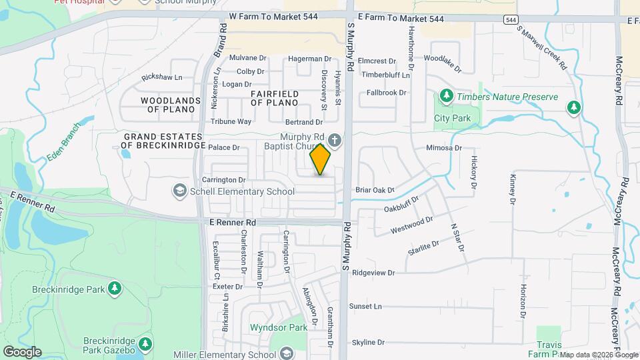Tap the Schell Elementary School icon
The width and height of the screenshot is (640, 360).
click(x=179, y=191)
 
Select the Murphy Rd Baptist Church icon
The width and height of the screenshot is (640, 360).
click(x=335, y=141)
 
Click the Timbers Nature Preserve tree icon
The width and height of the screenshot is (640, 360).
click(x=447, y=97)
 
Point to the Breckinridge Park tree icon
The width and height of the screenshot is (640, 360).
click(x=115, y=287)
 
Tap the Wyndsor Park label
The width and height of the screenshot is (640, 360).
click(x=279, y=327)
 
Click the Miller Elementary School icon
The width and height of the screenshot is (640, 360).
click(x=287, y=353)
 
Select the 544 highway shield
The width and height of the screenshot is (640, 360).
click(x=511, y=20)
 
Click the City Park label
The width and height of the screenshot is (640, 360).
click(x=453, y=119)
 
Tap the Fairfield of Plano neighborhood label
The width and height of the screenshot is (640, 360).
click(x=274, y=99)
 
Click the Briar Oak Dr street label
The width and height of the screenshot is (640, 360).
click(x=375, y=190)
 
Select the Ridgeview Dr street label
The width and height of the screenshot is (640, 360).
click(x=373, y=273)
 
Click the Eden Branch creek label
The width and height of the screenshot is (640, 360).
click(x=64, y=143)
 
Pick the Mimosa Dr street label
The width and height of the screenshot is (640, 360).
click(x=444, y=147)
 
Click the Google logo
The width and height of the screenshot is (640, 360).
click(x=22, y=351)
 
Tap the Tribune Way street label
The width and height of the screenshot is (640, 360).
click(x=231, y=121)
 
